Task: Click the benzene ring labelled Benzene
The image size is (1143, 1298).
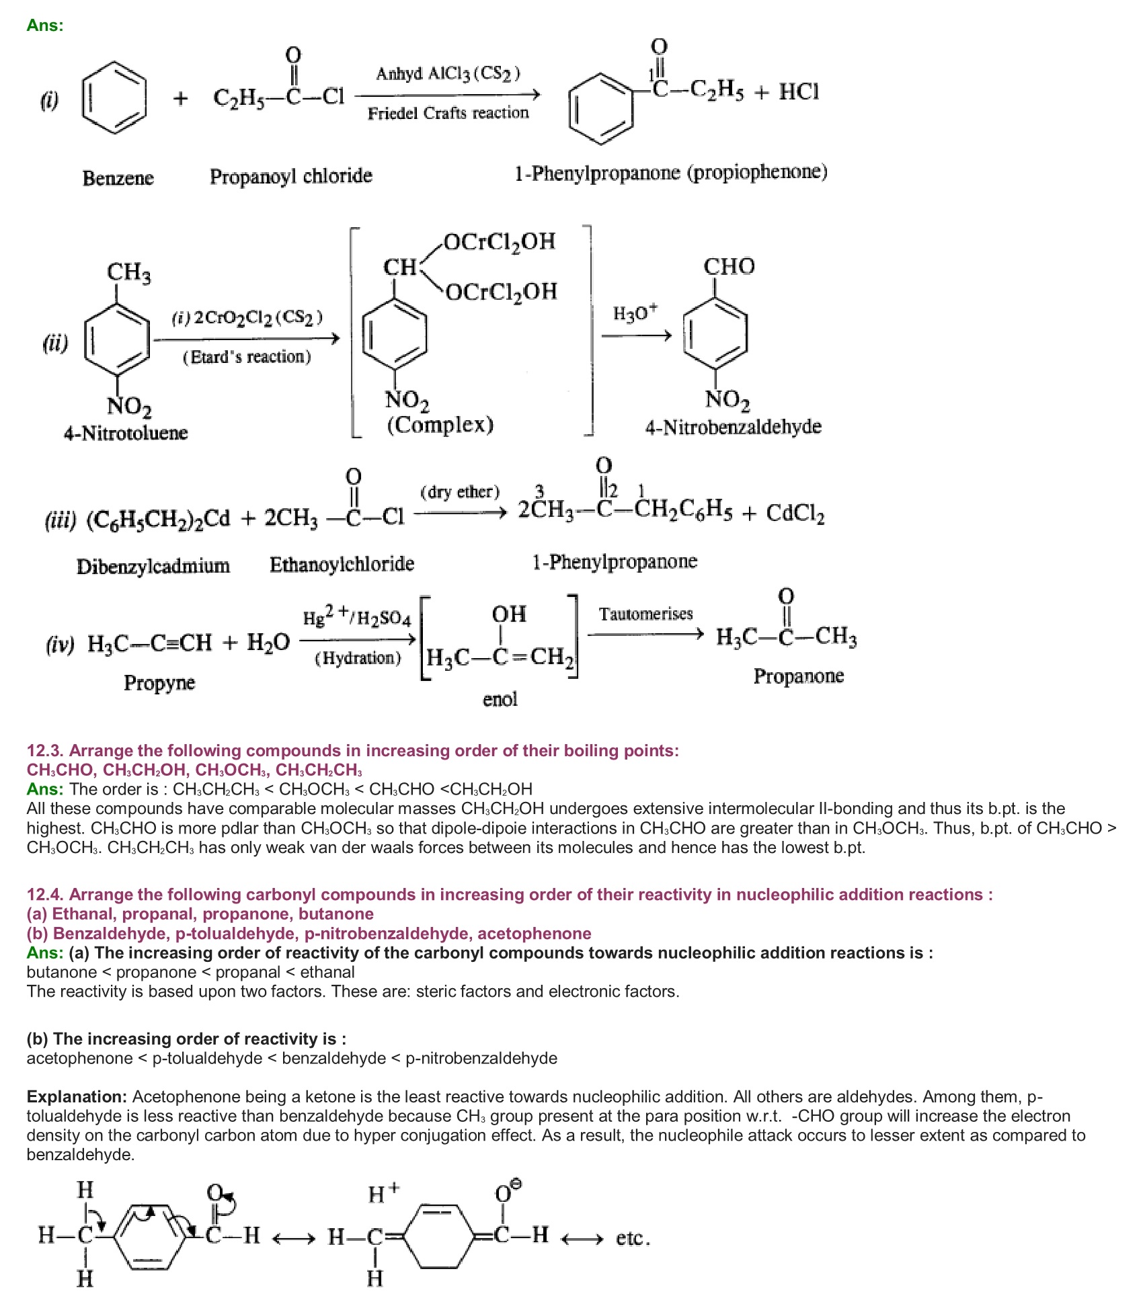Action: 114,98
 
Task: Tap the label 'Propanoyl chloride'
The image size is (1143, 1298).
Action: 290,176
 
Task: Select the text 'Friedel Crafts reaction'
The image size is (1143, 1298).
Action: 448,113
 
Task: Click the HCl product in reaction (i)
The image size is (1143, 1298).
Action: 799,91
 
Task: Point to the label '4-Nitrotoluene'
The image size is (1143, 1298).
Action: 126,432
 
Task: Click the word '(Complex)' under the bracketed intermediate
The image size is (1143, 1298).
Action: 440,425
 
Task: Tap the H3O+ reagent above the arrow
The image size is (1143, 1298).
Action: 635,313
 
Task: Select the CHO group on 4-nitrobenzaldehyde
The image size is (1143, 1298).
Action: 729,266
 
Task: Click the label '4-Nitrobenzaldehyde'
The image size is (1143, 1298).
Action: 733,427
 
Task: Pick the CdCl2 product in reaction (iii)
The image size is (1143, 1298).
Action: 795,514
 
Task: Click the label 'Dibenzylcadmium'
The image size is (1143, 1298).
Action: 153,566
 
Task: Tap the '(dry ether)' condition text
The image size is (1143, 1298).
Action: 460,492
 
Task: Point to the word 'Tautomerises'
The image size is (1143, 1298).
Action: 645,614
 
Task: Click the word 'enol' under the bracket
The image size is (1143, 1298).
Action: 500,699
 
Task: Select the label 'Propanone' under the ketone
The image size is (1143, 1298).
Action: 798,676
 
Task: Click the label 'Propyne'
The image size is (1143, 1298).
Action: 159,683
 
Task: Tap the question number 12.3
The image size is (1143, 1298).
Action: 46,750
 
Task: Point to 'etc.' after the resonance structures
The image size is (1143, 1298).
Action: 633,1238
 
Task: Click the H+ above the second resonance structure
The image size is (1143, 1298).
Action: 383,1193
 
